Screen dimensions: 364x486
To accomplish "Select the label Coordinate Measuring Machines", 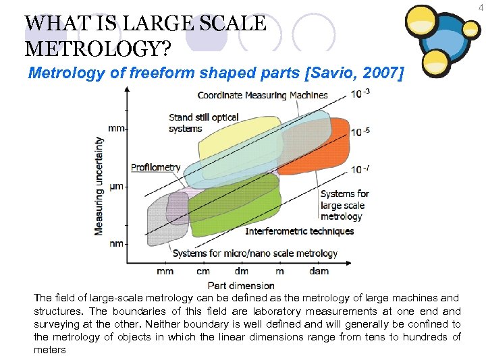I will [263, 94].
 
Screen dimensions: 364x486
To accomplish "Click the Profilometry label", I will [156, 167].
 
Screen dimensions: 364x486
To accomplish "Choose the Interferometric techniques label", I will [299, 231].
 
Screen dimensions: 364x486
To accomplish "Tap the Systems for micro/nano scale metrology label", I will [254, 253].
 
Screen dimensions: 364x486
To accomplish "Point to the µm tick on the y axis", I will [116, 185].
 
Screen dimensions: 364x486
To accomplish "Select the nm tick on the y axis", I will [116, 243].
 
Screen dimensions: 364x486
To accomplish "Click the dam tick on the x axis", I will [319, 271].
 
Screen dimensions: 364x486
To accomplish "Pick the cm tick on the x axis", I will [203, 271].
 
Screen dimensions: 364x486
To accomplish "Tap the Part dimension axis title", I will [241, 285].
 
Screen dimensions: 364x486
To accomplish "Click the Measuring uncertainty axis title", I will [100, 186].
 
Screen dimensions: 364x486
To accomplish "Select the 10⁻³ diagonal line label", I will [360, 94].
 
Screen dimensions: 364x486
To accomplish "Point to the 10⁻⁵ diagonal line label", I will [360, 131].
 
